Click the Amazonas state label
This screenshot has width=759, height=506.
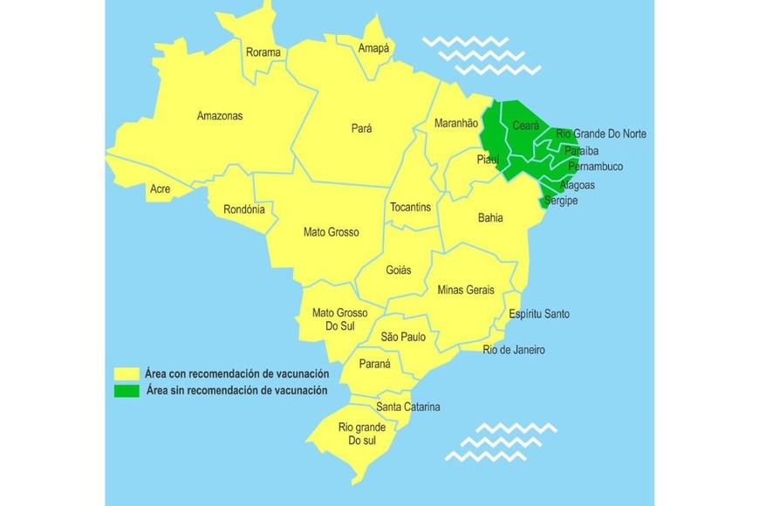(220, 116)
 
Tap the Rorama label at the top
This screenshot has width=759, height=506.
(263, 52)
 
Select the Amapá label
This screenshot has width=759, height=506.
(375, 48)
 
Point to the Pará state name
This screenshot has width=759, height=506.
(361, 128)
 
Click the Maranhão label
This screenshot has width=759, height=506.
(456, 124)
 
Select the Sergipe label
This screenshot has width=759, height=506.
(560, 201)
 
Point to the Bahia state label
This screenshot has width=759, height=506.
(490, 217)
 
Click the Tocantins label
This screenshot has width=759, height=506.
(410, 207)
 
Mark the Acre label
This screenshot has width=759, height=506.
(160, 188)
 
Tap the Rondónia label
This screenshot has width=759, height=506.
(244, 209)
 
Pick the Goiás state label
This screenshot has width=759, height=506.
(398, 270)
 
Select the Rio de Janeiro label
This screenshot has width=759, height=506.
(514, 350)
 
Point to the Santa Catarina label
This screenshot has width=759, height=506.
(408, 407)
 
